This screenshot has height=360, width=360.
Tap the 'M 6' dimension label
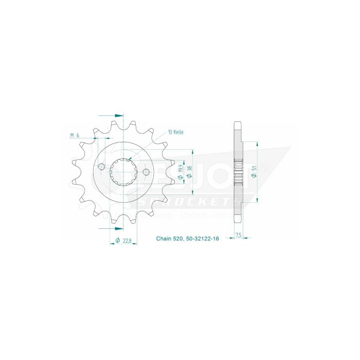(x=74, y=135)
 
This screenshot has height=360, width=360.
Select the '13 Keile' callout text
(x=175, y=132)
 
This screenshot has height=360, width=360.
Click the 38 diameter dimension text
(x=190, y=170)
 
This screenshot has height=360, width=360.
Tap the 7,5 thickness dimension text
(x=238, y=235)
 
